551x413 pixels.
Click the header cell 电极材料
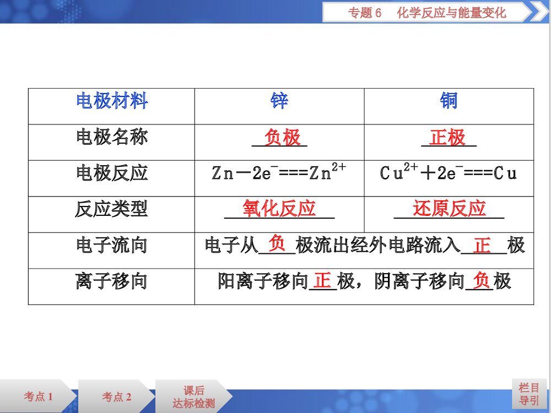[112, 101]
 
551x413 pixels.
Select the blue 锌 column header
[279, 101]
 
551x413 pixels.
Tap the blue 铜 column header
[449, 101]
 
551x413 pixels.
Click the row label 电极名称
[112, 137]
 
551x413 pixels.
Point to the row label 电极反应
[112, 173]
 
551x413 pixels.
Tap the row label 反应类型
[112, 209]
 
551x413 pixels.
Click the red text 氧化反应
[279, 209]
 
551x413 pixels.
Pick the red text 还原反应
[450, 209]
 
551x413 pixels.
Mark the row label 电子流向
[112, 245]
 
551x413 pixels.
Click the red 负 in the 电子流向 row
[277, 243]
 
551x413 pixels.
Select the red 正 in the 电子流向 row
[482, 245]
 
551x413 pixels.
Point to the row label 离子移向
[112, 281]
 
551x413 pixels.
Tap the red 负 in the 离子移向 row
[481, 281]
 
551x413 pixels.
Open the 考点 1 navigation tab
[38, 396]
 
